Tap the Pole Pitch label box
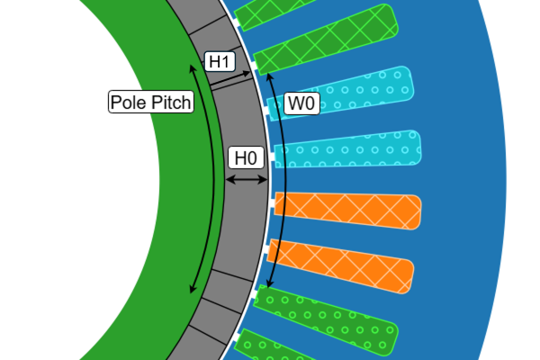pyautogui.click(x=150, y=102)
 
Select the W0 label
pyautogui.click(x=300, y=103)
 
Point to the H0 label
pyautogui.click(x=246, y=158)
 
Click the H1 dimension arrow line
pyautogui.click(x=231, y=77)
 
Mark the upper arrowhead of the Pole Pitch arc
pyautogui.click(x=193, y=67)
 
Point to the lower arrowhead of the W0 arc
pyautogui.click(x=269, y=285)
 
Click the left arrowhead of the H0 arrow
pyautogui.click(x=227, y=181)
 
